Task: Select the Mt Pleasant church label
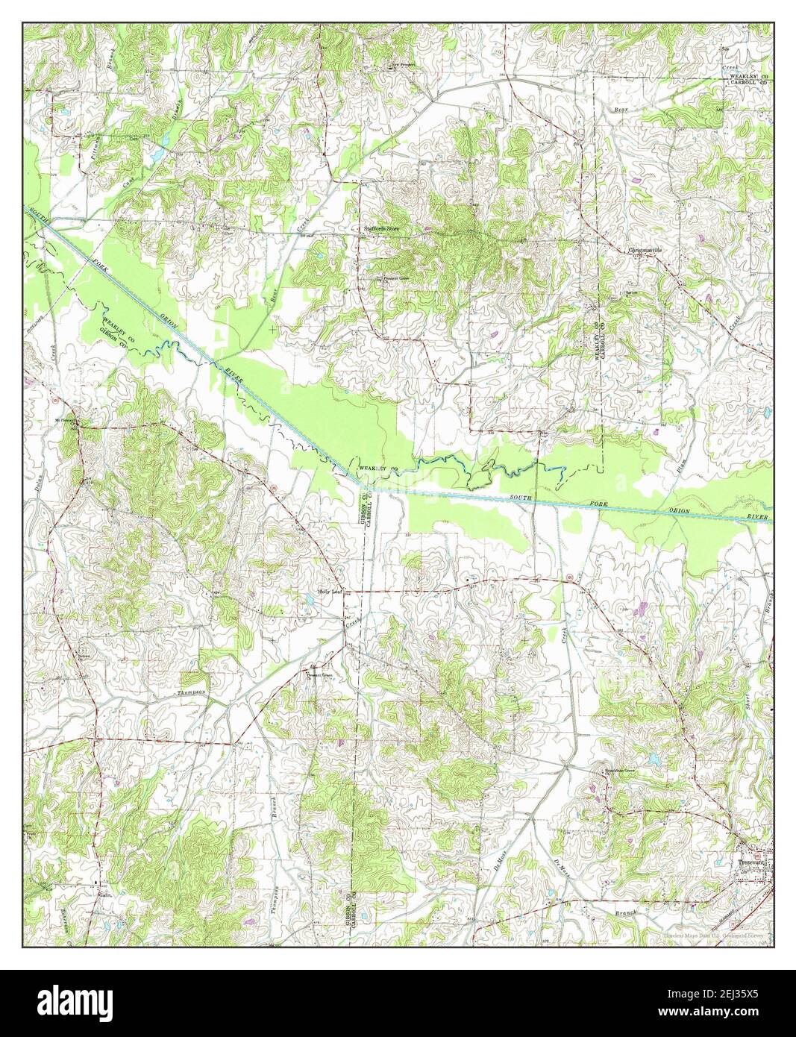[66, 421]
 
